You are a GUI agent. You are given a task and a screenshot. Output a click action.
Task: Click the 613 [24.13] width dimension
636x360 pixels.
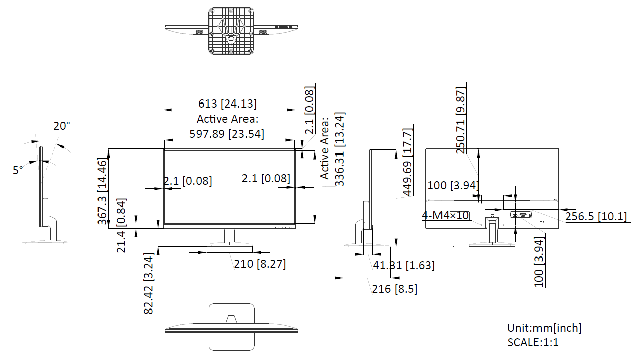[227, 104]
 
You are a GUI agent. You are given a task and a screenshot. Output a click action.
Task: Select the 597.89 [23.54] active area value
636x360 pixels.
[227, 134]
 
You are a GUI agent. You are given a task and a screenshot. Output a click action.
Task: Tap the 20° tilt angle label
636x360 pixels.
[62, 126]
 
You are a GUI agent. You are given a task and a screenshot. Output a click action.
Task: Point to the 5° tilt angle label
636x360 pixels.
[18, 170]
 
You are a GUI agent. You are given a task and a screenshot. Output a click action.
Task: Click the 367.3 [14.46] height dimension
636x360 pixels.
[102, 191]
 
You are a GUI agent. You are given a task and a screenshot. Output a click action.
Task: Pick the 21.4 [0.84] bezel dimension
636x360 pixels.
[121, 226]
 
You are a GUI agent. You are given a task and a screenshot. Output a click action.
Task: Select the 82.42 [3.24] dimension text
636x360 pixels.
[148, 283]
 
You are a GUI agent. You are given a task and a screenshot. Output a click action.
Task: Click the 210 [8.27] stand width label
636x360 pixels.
[260, 264]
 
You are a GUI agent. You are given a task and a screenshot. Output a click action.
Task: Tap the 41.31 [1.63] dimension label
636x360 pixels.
[404, 265]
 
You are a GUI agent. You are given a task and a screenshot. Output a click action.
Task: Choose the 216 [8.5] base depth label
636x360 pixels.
[395, 289]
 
